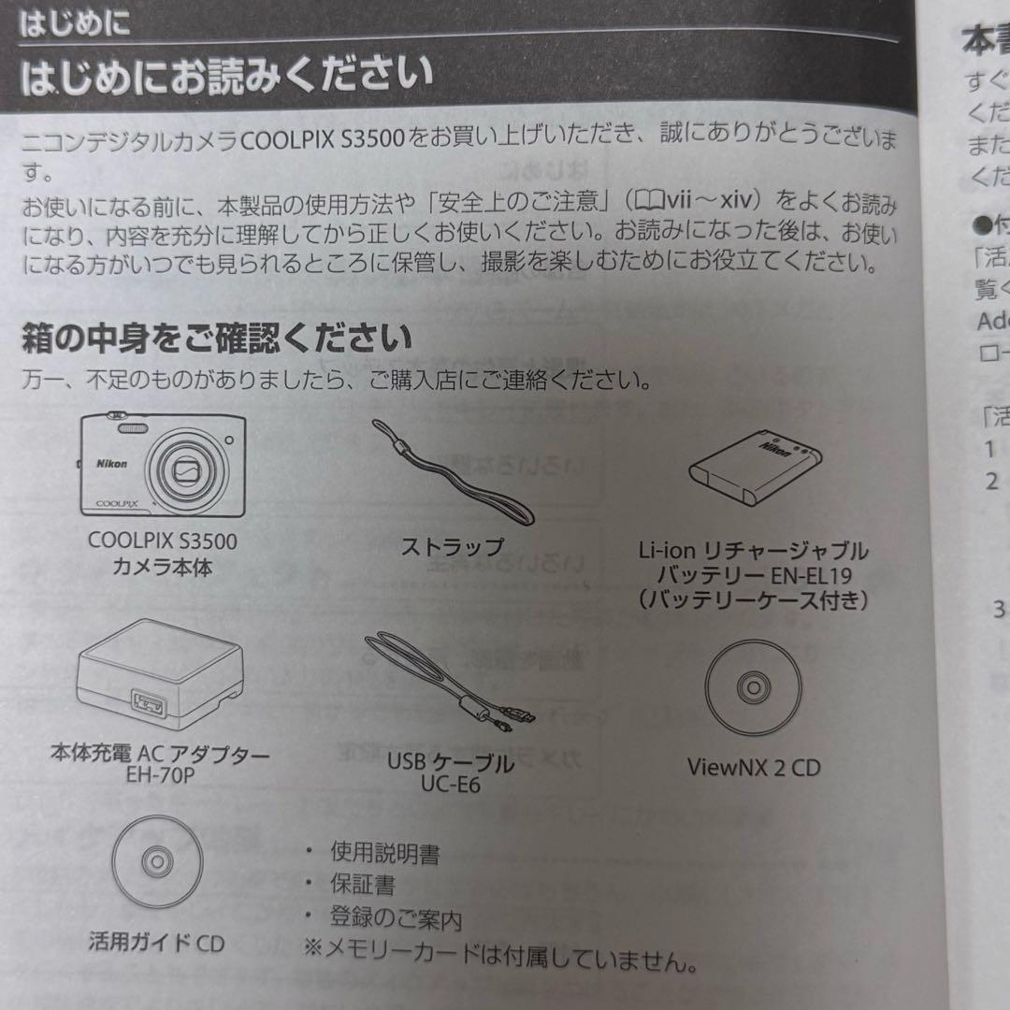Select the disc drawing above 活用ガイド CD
(x=156, y=861)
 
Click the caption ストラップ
(x=452, y=547)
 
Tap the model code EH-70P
(x=160, y=774)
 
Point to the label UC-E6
(x=450, y=786)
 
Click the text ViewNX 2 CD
(x=753, y=768)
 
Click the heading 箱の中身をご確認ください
(x=216, y=338)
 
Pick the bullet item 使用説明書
(x=384, y=853)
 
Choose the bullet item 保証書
(x=362, y=885)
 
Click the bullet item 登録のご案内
(x=396, y=917)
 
